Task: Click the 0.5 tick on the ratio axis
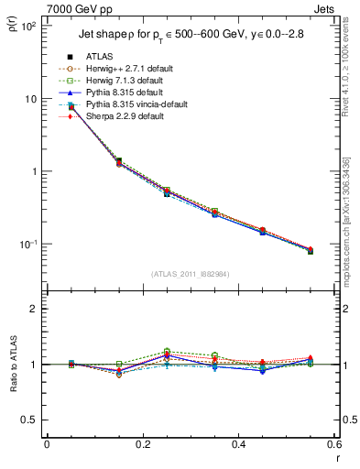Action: (x=32, y=420)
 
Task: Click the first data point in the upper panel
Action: (x=71, y=107)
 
